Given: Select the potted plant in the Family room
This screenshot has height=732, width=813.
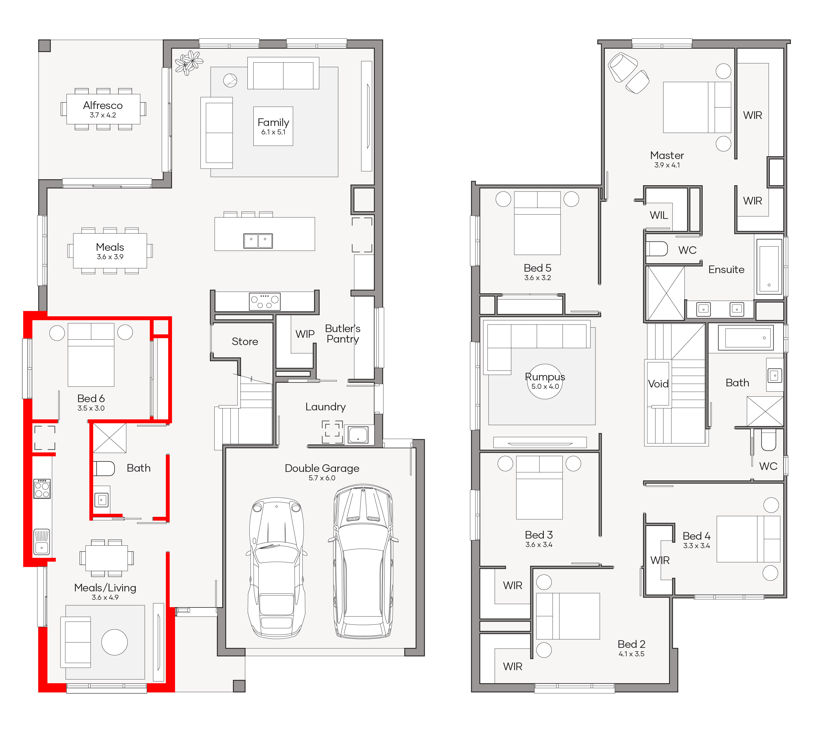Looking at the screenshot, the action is click(189, 63).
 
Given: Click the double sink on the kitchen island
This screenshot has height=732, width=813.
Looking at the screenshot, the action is click(258, 241).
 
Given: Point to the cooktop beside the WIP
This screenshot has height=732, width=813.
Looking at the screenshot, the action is click(265, 302).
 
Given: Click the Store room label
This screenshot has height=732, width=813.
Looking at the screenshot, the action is click(245, 341).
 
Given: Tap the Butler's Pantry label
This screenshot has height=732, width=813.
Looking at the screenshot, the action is click(343, 334).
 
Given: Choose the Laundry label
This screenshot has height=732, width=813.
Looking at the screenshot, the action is click(325, 407).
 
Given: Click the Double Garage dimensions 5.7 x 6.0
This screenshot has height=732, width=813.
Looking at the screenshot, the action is click(322, 478).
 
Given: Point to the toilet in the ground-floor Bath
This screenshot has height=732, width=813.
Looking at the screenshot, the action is click(104, 468).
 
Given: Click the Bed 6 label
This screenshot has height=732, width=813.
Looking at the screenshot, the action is click(91, 398).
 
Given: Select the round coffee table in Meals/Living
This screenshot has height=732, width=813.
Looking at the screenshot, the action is click(114, 642).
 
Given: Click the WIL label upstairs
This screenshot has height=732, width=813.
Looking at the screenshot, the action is click(659, 215).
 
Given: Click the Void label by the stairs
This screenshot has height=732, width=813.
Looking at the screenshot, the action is click(658, 384).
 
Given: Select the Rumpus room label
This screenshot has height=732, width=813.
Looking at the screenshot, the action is click(545, 377).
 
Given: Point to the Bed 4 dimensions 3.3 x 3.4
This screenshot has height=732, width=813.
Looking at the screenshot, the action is click(696, 546).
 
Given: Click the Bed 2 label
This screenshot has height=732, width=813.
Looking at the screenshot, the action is click(631, 644).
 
